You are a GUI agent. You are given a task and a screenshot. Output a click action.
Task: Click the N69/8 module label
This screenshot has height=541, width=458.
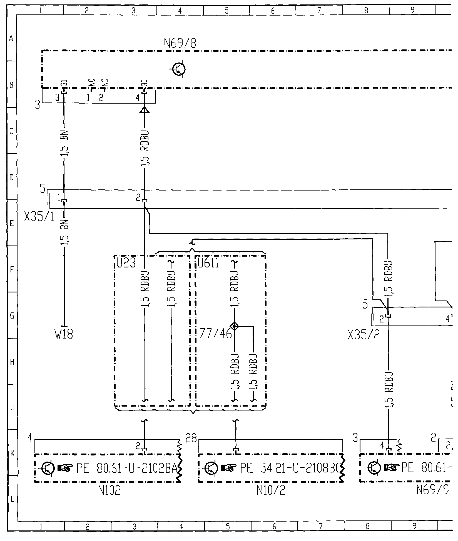[x=180, y=43]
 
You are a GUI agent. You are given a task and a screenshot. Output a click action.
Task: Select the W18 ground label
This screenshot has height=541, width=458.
[x=64, y=334]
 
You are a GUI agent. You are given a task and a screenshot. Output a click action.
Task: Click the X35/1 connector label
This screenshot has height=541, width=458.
[x=39, y=217]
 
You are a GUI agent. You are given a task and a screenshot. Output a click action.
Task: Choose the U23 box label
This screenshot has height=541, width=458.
[x=126, y=263]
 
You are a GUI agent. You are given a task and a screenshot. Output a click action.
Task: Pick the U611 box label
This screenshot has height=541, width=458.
[x=208, y=263]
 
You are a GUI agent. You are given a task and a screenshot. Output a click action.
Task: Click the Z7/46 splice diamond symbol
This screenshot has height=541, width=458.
[x=235, y=326]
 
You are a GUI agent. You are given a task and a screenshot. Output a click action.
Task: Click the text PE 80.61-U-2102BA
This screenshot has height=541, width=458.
[x=126, y=469]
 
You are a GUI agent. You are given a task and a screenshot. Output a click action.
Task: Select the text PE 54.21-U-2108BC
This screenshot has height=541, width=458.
[x=289, y=469]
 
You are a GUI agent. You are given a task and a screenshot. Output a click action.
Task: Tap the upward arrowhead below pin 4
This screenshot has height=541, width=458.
[x=145, y=111]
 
